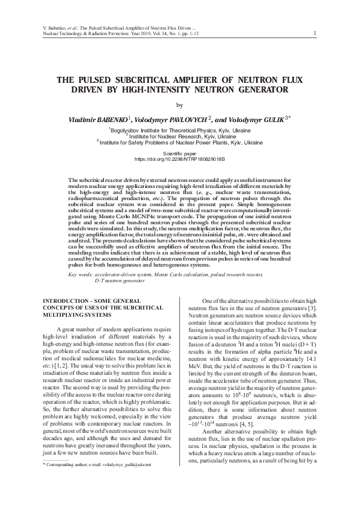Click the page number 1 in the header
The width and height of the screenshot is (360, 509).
tap(316, 33)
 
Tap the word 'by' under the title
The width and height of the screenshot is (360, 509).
tap(179, 105)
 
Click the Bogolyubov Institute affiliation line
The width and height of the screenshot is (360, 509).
tap(179, 130)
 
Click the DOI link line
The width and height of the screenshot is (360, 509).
tap(179, 160)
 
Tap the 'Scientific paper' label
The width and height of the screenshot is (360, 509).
tap(179, 155)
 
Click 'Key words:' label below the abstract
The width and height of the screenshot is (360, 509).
tap(81, 274)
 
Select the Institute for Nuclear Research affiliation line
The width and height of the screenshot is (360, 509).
tap(179, 136)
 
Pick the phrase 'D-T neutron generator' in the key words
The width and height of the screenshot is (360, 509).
tap(120, 281)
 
